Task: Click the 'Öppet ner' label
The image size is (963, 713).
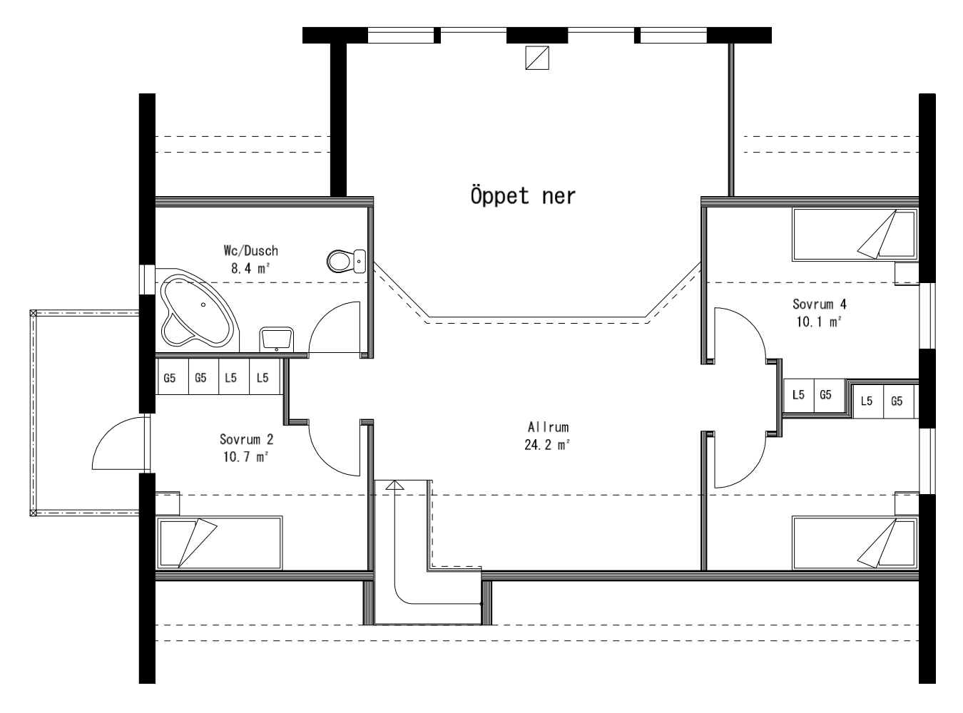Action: click(522, 196)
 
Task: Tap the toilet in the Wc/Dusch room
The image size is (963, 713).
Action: click(345, 262)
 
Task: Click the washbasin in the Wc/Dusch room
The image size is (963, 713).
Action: click(276, 338)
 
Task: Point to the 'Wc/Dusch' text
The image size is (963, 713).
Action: click(250, 251)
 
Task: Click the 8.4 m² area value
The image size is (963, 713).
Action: click(250, 269)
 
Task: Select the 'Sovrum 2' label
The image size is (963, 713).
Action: click(245, 439)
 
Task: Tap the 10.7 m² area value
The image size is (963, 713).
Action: click(245, 457)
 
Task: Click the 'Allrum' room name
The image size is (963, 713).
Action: click(548, 428)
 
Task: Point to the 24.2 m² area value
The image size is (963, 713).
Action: click(548, 446)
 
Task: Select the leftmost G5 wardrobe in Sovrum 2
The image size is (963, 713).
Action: click(170, 378)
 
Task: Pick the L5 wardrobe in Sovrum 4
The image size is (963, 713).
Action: click(799, 394)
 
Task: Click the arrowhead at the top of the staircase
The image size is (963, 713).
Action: click(394, 485)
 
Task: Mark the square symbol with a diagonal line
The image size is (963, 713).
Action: click(536, 58)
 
